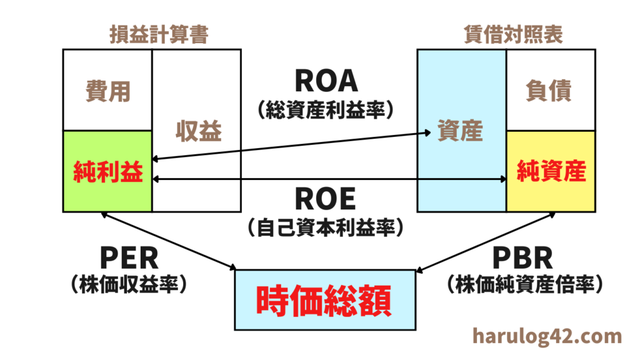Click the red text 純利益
point(107,171)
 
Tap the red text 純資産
point(550,171)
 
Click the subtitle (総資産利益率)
point(326,110)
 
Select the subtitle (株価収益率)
point(129,285)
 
